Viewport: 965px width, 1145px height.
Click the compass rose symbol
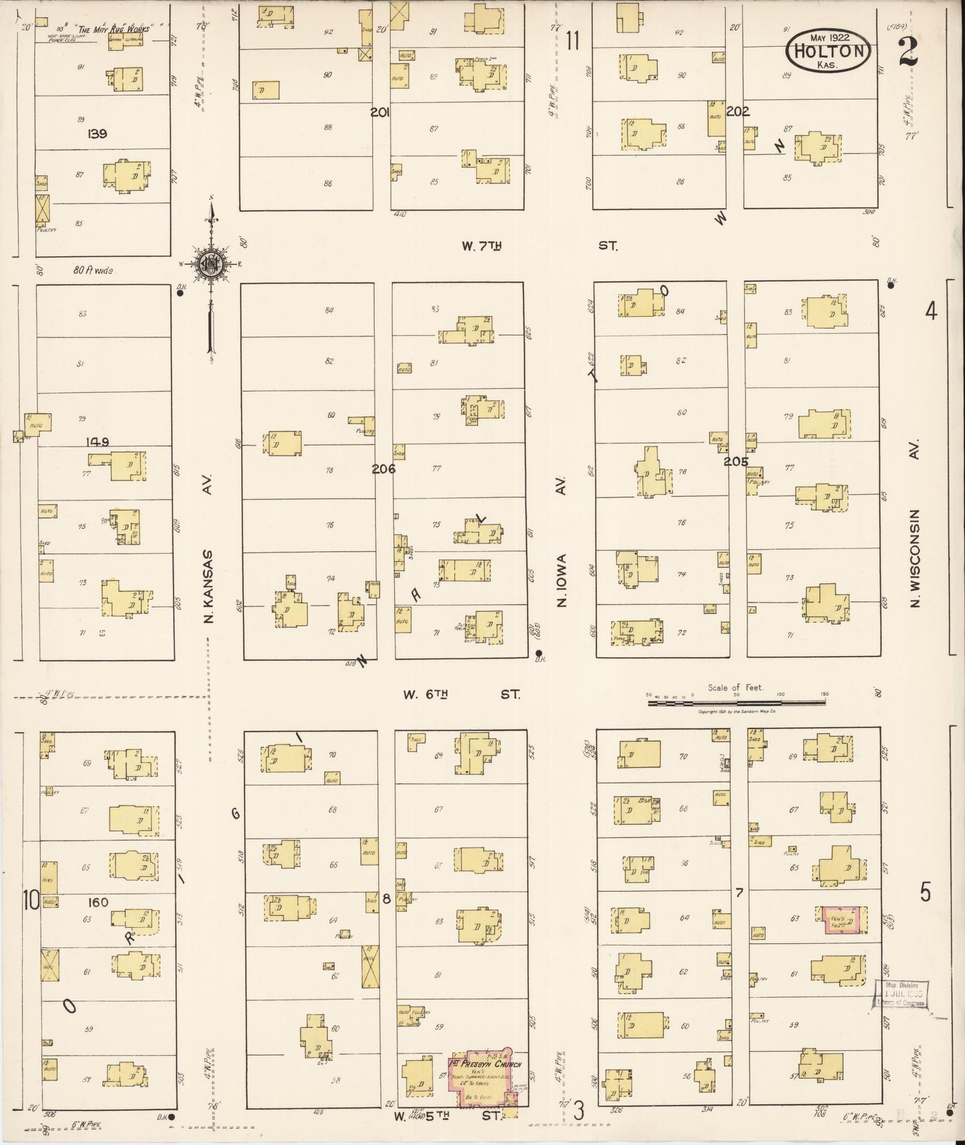coord(211,265)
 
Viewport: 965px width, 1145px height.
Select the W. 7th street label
coord(481,247)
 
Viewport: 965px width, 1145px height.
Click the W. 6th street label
coord(425,695)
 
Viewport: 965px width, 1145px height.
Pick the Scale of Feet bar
coord(736,701)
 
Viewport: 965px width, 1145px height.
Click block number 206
coord(383,469)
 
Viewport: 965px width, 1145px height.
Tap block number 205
coord(736,461)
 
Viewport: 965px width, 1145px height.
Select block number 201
coord(381,112)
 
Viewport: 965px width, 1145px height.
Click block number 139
coord(98,134)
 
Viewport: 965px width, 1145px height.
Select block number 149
coord(98,442)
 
